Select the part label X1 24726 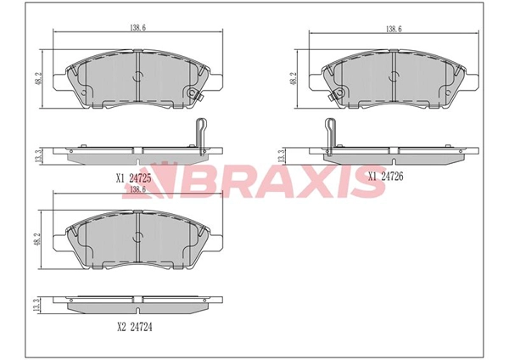[x=386, y=177]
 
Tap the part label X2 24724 [x=134, y=327]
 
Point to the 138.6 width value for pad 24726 [x=394, y=29]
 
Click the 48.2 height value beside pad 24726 [x=294, y=79]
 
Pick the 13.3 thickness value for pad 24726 [x=282, y=156]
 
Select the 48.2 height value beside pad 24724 [x=38, y=239]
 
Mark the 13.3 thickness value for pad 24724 [x=37, y=306]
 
